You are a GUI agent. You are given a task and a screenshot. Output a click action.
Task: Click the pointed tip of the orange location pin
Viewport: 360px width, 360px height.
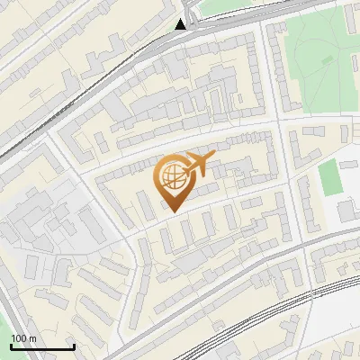[x=173, y=211]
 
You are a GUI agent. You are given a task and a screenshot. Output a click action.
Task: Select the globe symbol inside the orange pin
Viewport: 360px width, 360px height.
[x=172, y=178]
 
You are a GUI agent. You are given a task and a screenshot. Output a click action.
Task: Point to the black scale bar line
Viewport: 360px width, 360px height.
[x=41, y=346]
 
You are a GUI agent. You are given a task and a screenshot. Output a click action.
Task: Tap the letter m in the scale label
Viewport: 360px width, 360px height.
[x=34, y=338]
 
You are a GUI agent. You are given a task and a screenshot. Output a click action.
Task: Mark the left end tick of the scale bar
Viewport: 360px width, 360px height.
[x=10, y=345]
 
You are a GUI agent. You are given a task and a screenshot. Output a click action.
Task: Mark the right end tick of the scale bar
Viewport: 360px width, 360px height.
[x=74, y=345]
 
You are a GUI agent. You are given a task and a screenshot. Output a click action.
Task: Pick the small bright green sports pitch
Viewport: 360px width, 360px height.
[x=330, y=177]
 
